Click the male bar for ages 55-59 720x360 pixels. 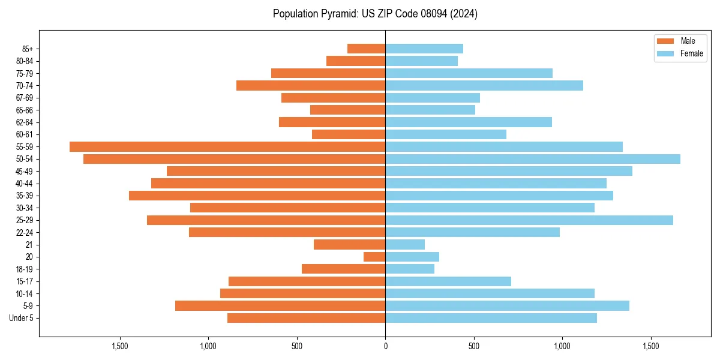click(x=227, y=146)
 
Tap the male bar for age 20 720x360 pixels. click(x=374, y=257)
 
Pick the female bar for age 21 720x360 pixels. click(x=405, y=245)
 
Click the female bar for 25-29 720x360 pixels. click(x=529, y=220)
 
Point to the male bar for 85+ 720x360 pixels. click(x=367, y=49)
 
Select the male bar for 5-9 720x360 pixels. click(x=280, y=306)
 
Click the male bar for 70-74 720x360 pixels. click(x=311, y=85)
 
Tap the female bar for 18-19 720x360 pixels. click(x=410, y=269)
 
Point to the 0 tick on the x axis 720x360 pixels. click(x=385, y=346)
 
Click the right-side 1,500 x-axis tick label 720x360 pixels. click(x=650, y=346)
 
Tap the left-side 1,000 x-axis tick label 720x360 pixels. click(x=208, y=346)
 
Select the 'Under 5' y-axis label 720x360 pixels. click(x=21, y=318)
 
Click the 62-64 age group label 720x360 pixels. click(x=25, y=122)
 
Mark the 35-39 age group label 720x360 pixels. click(x=25, y=196)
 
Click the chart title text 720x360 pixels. click(x=375, y=14)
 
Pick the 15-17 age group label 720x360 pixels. click(x=25, y=281)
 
